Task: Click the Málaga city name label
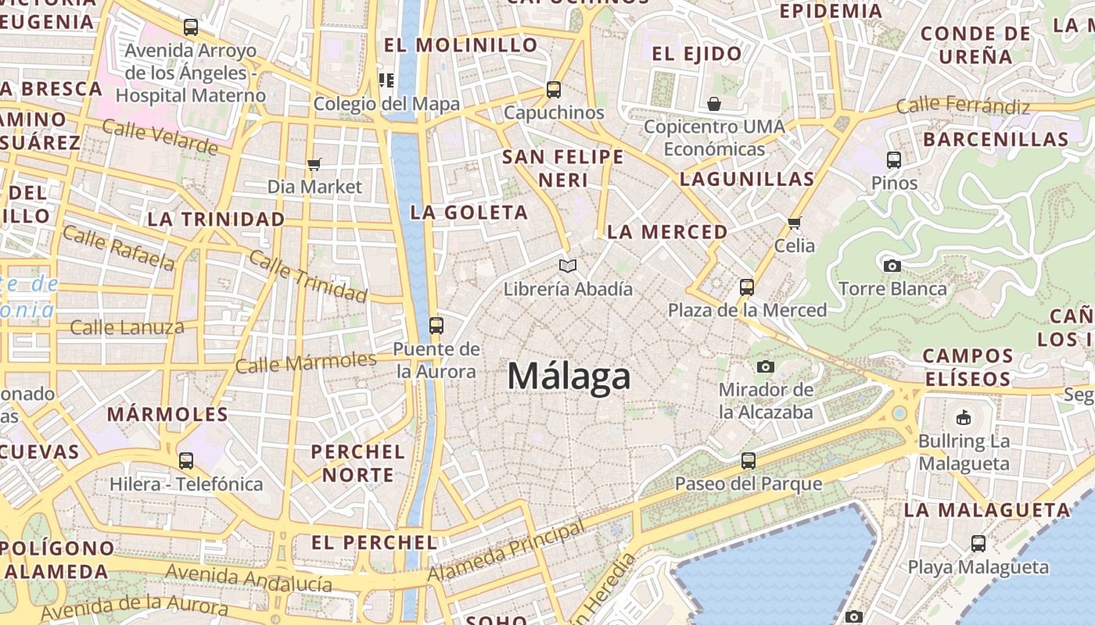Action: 569,377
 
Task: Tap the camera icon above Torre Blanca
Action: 892,266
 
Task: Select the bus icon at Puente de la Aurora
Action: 436,325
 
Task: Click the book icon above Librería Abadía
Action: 568,266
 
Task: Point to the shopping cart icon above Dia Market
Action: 314,164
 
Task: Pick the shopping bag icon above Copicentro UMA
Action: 714,104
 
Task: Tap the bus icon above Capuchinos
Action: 554,90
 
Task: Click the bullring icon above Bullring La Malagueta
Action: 964,417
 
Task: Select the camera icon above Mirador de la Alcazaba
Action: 766,366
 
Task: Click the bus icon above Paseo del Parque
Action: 749,461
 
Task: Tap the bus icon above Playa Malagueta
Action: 978,544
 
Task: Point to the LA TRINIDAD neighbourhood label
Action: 216,220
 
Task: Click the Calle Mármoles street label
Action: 306,362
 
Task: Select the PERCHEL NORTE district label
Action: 358,463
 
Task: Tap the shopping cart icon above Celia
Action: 795,223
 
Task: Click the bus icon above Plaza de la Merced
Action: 747,287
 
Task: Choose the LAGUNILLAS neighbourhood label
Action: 747,179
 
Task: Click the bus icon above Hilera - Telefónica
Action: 185,461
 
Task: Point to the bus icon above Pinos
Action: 894,160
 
